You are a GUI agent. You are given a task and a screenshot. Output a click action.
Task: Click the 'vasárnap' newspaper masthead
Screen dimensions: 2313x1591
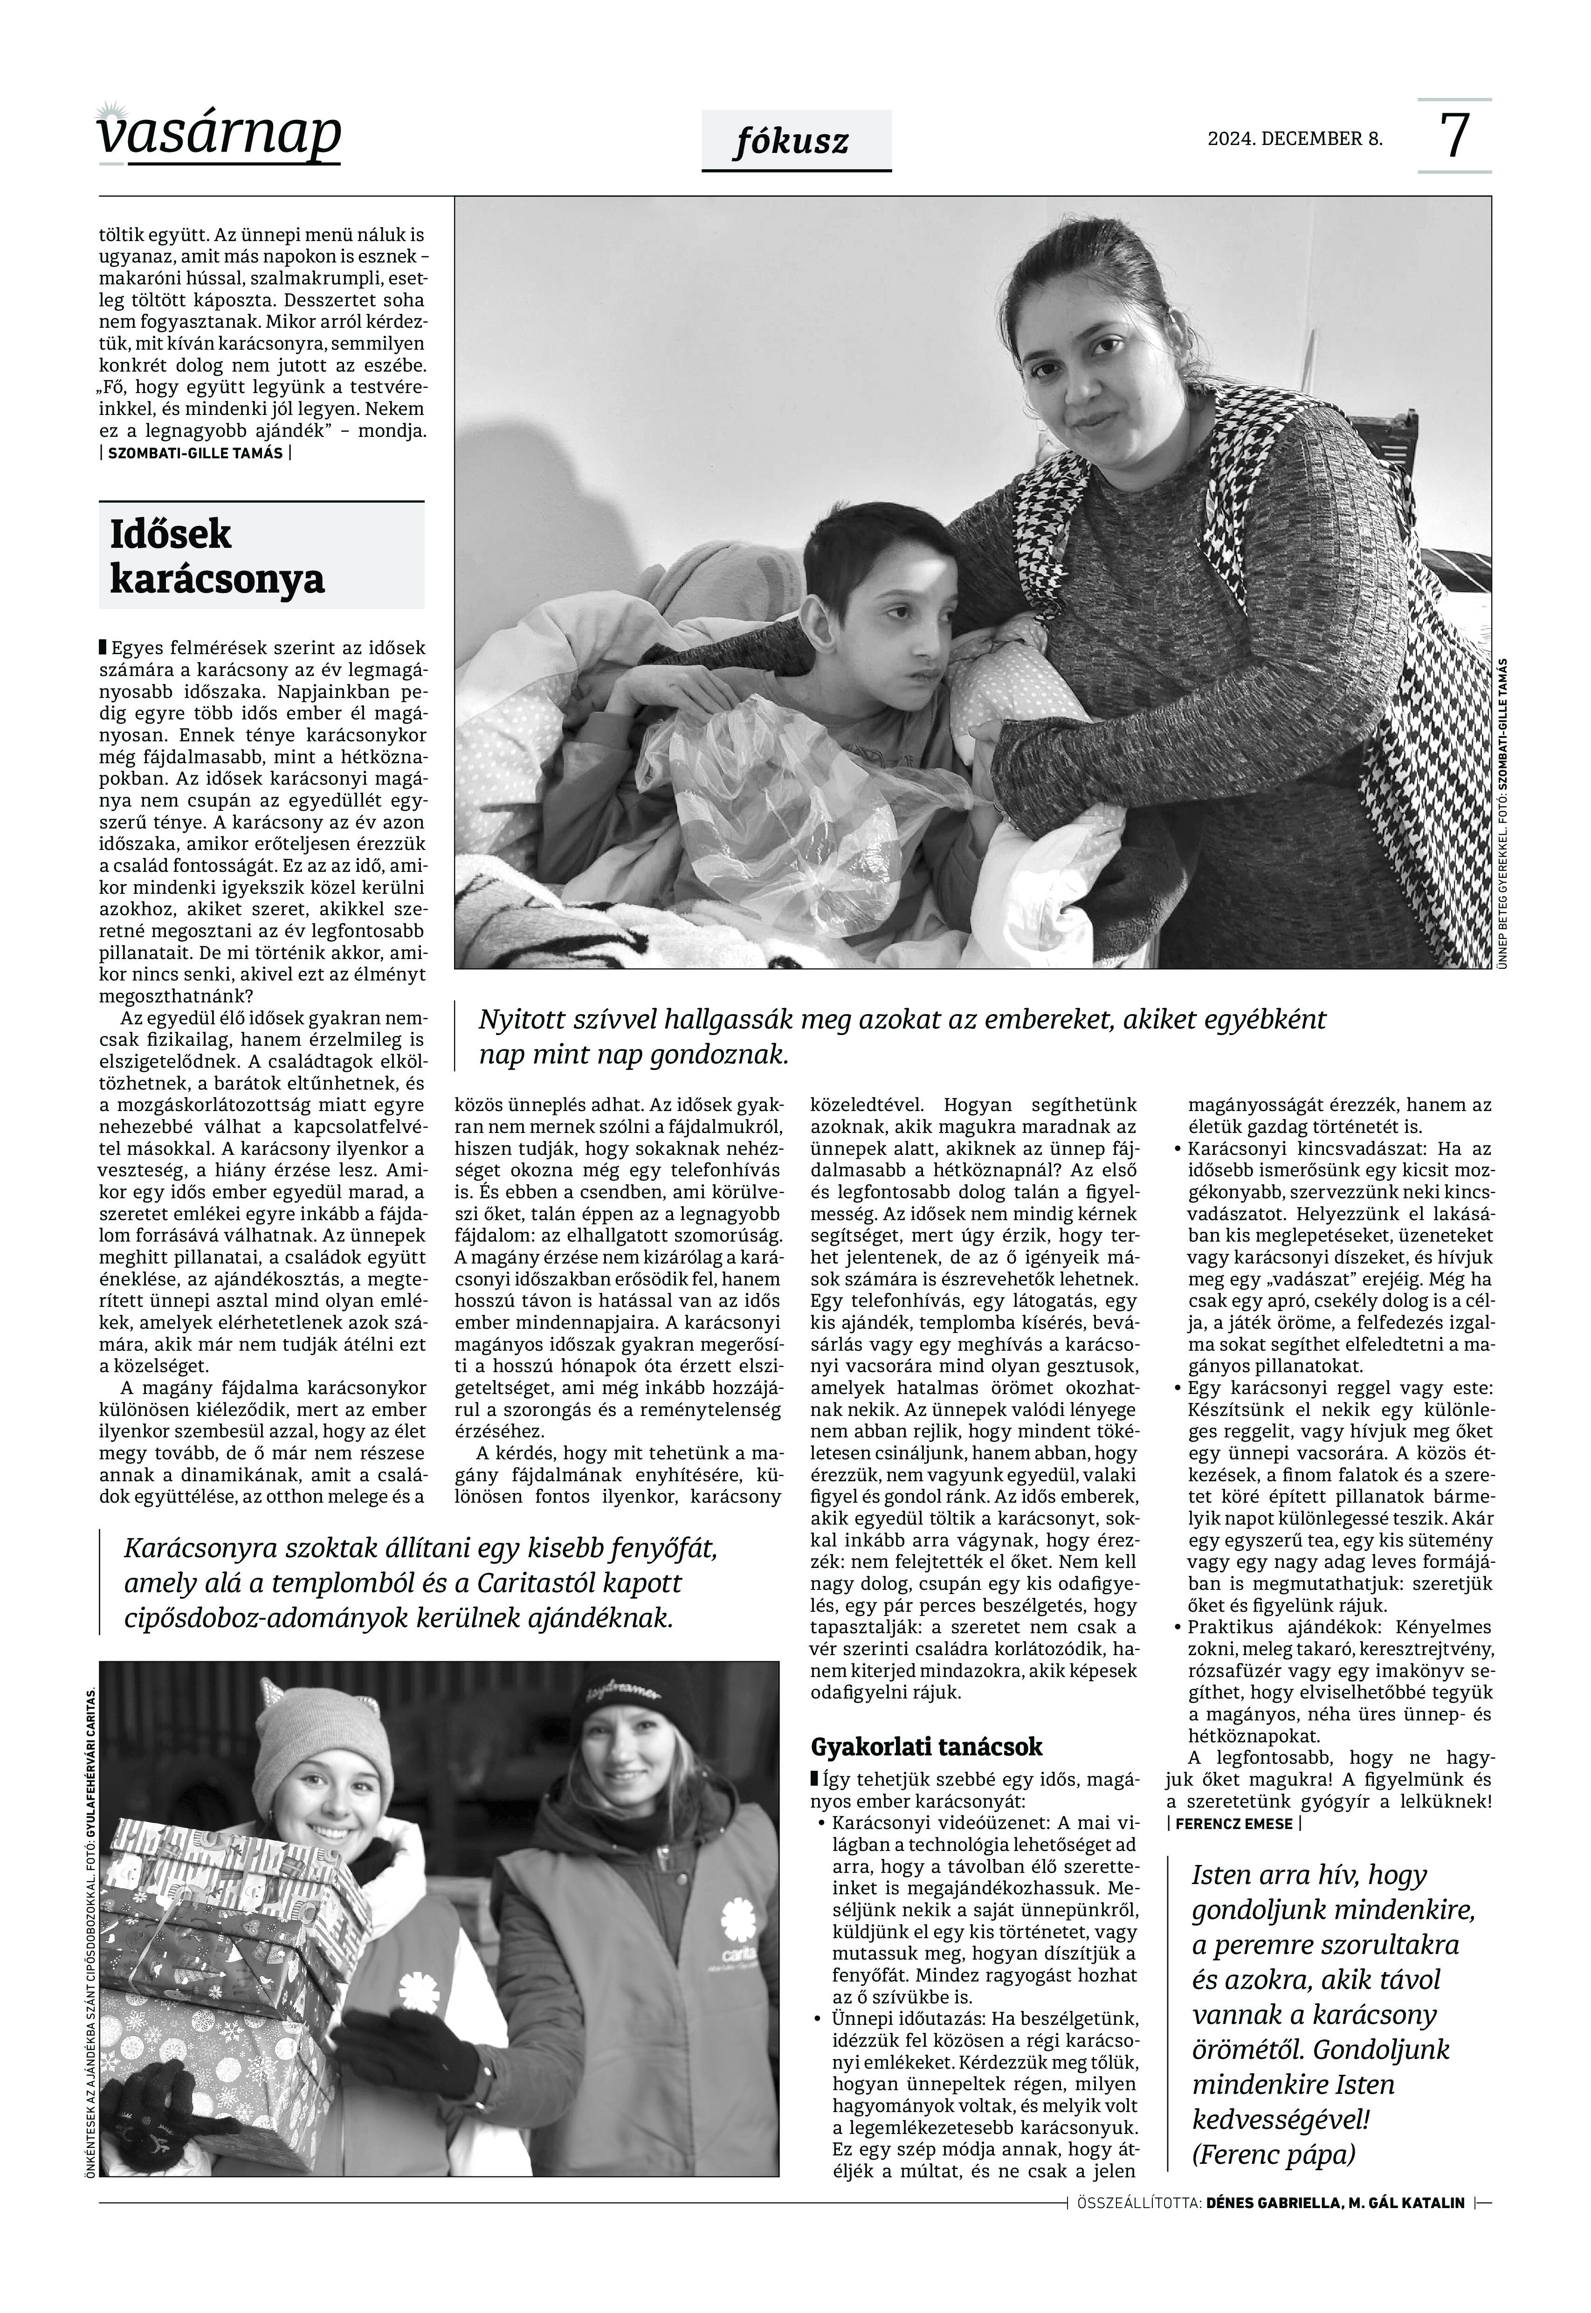[x=219, y=135]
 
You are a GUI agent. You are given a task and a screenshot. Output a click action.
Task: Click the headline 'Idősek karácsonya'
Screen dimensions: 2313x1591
[x=217, y=556]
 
